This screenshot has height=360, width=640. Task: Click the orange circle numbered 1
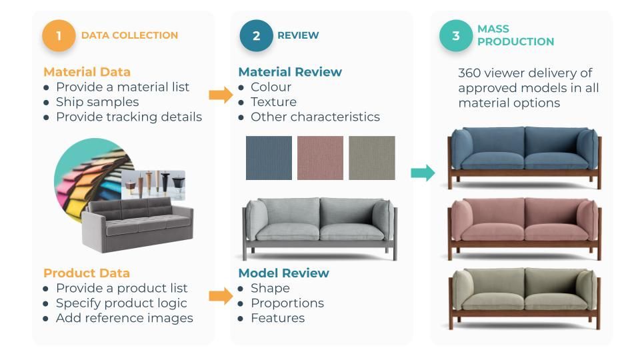tap(59, 35)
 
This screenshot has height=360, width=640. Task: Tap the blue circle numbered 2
tap(256, 35)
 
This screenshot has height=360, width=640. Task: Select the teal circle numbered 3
tap(455, 35)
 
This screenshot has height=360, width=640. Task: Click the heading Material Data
tap(87, 72)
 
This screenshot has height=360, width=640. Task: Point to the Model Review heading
tap(284, 273)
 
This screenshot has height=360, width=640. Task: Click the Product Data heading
tap(87, 273)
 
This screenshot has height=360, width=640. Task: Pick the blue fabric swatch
tap(269, 158)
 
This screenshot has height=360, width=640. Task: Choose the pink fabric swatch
tap(320, 158)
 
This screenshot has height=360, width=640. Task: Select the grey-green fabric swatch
tap(372, 158)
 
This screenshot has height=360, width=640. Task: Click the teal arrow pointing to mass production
tap(423, 173)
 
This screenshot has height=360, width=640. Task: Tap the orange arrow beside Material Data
tap(221, 95)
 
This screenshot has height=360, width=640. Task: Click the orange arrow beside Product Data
tap(221, 296)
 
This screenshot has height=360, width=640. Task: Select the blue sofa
tap(524, 157)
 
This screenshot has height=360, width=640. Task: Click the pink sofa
tap(524, 229)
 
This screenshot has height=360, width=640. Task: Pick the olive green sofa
tap(524, 299)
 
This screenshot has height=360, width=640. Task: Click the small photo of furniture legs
tap(153, 185)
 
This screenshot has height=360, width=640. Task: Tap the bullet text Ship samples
tap(97, 102)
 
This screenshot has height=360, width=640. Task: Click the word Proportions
tap(287, 303)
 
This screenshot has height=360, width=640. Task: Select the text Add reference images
tap(125, 319)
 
